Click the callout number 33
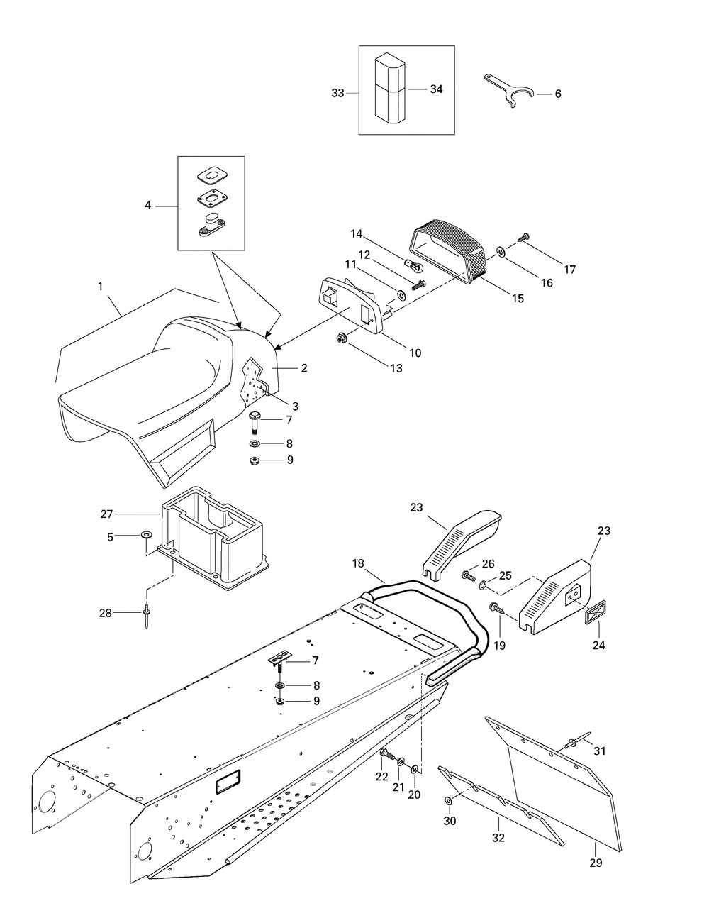(x=337, y=93)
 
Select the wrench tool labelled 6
(x=508, y=91)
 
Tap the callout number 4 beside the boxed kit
(x=147, y=206)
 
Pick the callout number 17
(x=570, y=270)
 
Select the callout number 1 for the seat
(x=100, y=286)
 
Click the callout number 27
(x=107, y=514)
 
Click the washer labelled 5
(x=145, y=536)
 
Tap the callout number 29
(x=596, y=863)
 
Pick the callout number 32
(x=498, y=838)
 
